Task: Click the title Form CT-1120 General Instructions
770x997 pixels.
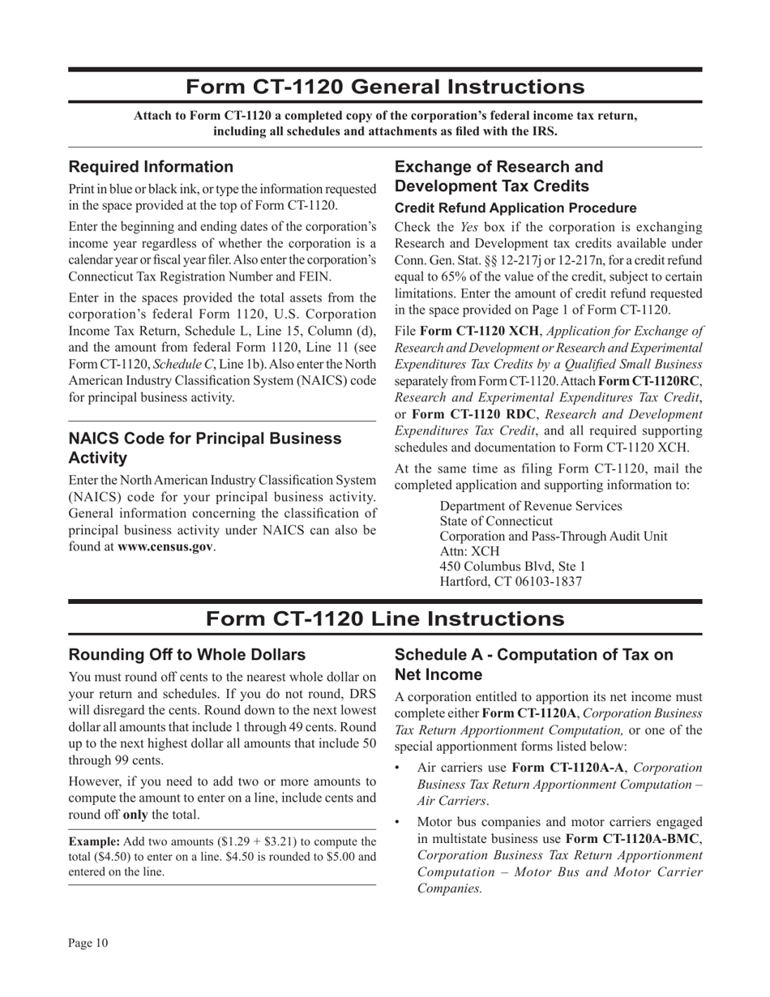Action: pyautogui.click(x=385, y=87)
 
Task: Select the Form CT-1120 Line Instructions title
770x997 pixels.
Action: pyautogui.click(x=385, y=618)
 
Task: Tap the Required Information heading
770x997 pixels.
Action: pyautogui.click(x=151, y=167)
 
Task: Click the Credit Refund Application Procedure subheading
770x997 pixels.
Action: pyautogui.click(x=515, y=208)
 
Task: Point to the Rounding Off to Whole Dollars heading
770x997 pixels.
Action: pyautogui.click(x=187, y=655)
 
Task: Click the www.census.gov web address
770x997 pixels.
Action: pyautogui.click(x=165, y=546)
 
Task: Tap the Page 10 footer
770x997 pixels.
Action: pyautogui.click(x=88, y=943)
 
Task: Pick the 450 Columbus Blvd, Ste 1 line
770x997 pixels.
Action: pyautogui.click(x=512, y=566)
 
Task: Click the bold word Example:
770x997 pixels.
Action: pyautogui.click(x=94, y=842)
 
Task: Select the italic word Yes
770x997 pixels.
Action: pyautogui.click(x=470, y=228)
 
